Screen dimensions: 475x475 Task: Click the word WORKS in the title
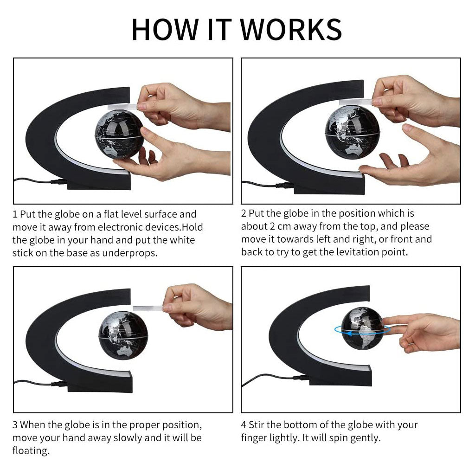point(291,29)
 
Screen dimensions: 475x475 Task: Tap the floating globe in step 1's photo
point(119,135)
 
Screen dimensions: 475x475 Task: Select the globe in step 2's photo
point(353,133)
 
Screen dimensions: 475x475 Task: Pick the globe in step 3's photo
point(123,336)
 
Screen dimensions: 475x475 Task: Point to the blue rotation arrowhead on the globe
point(349,334)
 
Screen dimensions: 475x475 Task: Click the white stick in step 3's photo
point(148,308)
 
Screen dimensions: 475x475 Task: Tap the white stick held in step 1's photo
point(123,107)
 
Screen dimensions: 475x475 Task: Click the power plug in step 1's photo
point(59,182)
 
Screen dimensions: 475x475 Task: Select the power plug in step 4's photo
point(301,377)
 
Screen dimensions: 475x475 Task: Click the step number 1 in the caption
point(15,214)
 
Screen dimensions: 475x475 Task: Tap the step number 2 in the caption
point(244,213)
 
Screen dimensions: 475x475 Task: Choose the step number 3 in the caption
point(15,425)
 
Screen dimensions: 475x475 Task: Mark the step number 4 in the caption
point(244,425)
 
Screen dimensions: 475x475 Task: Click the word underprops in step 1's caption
point(130,253)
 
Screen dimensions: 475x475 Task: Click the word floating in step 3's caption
point(31,451)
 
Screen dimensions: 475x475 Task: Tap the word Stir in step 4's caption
point(257,425)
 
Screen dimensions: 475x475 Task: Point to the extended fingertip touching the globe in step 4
point(384,321)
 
